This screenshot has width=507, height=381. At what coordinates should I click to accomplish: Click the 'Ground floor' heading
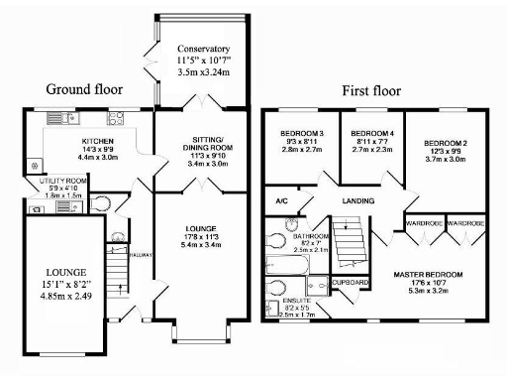pyautogui.click(x=84, y=88)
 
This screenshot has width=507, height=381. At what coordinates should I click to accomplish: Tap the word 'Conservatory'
pyautogui.click(x=203, y=49)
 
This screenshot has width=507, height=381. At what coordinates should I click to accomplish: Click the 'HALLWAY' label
pyautogui.click(x=141, y=253)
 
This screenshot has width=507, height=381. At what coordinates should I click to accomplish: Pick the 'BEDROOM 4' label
pyautogui.click(x=372, y=133)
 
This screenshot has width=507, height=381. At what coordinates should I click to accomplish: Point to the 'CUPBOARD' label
pyautogui.click(x=351, y=283)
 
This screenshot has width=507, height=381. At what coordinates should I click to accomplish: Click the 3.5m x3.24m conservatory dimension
pyautogui.click(x=203, y=72)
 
